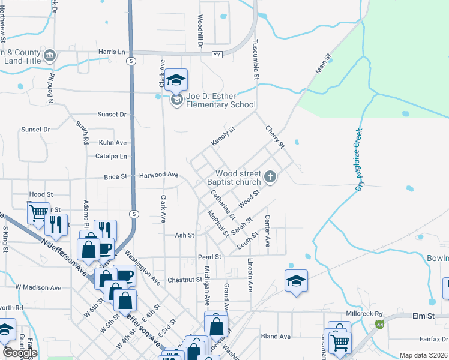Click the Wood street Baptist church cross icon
click(270, 177)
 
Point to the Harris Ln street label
click(112, 52)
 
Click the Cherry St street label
click(274, 136)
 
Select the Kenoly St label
click(223, 136)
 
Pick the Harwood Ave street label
click(159, 175)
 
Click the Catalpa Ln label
click(112, 156)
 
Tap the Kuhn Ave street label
click(113, 143)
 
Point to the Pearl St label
click(209, 257)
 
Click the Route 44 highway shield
click(380, 325)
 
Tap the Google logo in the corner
click(19, 353)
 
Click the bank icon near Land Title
click(50, 56)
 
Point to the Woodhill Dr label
click(200, 32)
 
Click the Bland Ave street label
click(276, 337)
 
